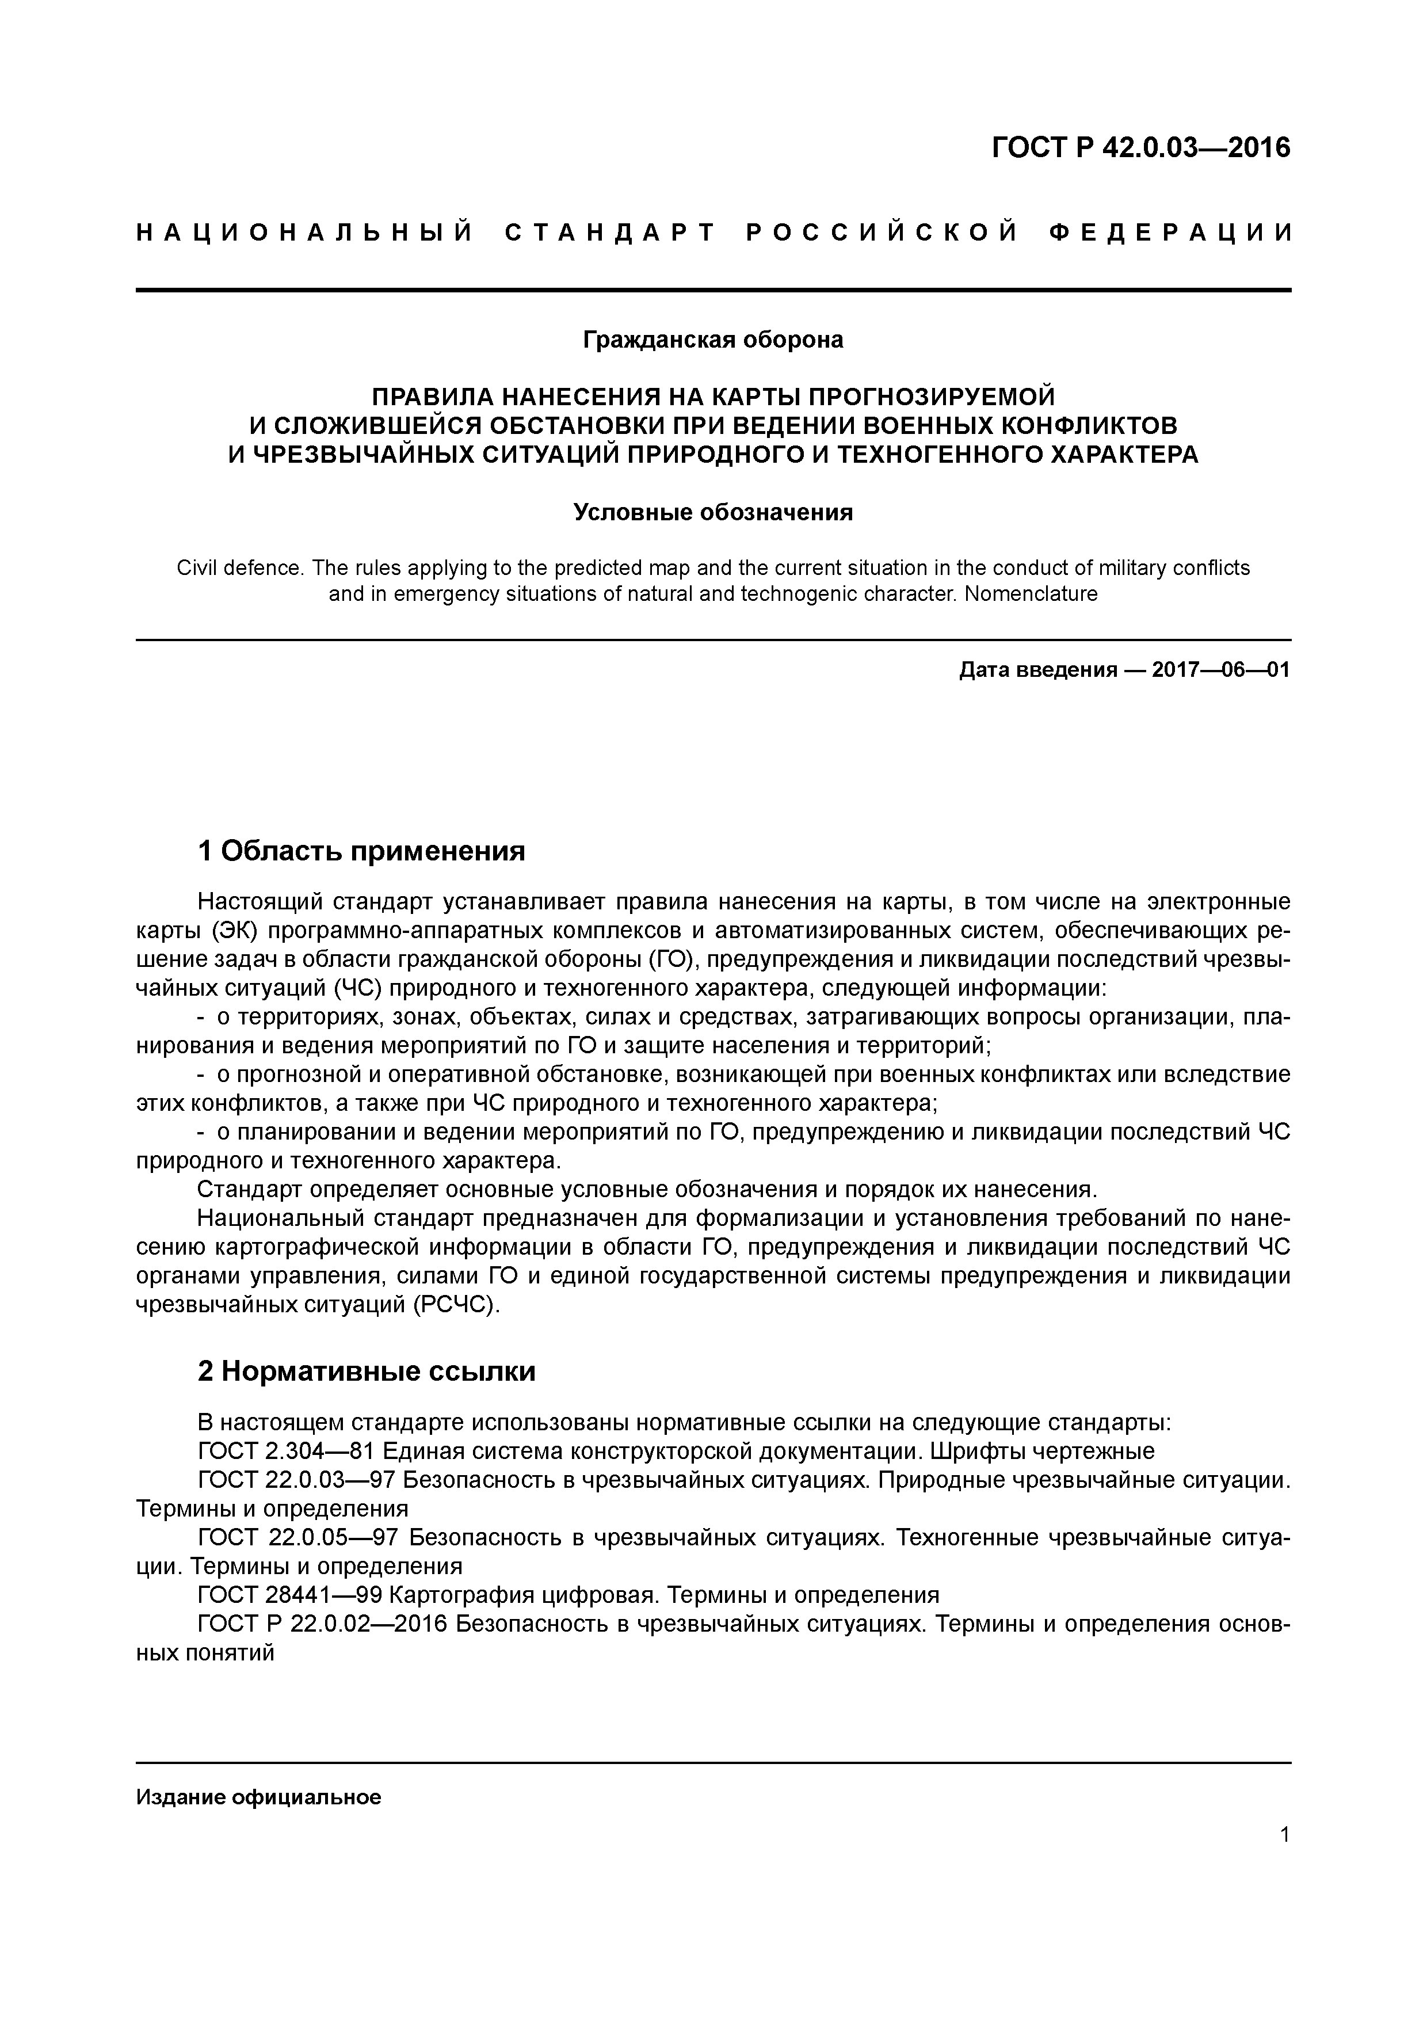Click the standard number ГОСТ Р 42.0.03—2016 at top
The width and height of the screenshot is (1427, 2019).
[x=1140, y=148]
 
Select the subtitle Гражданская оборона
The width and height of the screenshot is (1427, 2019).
[x=713, y=340]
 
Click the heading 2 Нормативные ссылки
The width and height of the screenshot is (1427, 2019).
[x=367, y=1371]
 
